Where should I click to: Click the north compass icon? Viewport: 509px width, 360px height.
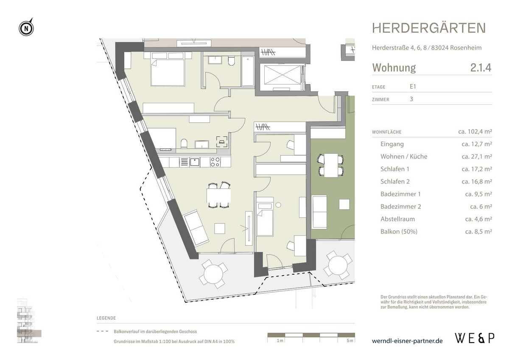[x=26, y=28]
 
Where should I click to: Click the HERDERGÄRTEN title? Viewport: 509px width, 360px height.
[x=429, y=28]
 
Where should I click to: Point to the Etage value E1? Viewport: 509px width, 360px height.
[x=412, y=87]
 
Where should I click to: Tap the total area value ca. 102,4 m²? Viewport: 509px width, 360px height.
[x=475, y=132]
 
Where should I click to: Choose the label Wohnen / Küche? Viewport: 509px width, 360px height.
[x=404, y=157]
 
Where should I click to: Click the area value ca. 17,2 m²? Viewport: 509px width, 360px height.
[x=477, y=169]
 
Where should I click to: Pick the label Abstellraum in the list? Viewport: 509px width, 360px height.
[x=397, y=219]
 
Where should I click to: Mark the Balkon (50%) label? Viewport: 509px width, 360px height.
[x=399, y=232]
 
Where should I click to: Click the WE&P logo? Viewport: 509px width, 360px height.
[x=475, y=338]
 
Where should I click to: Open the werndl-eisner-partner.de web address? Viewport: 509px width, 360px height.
[x=407, y=341]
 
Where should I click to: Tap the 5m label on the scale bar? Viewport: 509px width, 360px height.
[x=349, y=341]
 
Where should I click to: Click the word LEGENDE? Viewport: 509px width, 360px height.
[x=106, y=318]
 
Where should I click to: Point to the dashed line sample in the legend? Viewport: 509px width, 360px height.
[x=102, y=332]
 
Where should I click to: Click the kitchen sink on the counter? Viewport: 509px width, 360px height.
[x=195, y=162]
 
